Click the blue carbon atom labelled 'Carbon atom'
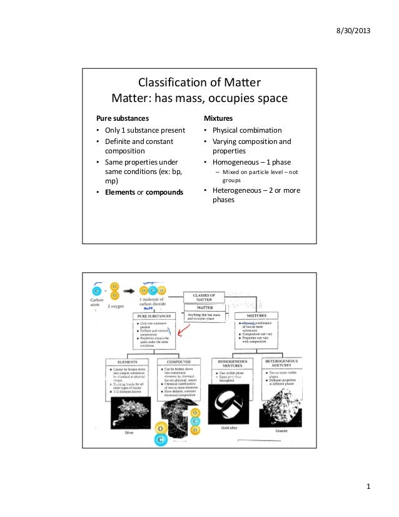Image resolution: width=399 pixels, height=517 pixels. (97, 290)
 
